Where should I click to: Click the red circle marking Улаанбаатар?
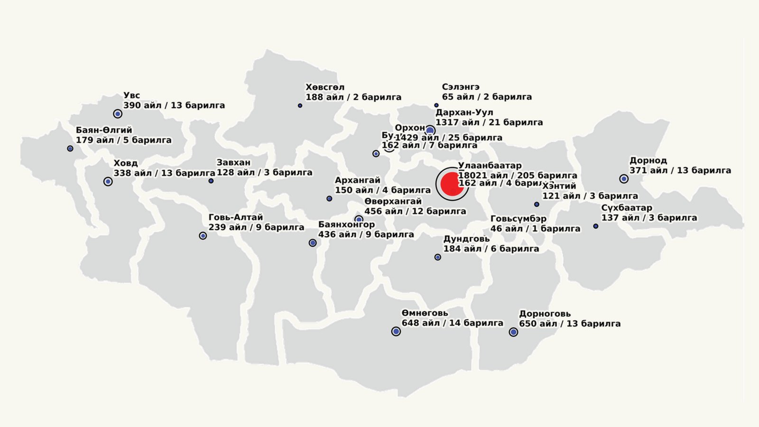tap(452, 184)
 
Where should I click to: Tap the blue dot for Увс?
tap(118, 114)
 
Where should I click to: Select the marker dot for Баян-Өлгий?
tap(70, 149)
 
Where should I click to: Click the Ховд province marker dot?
tap(108, 181)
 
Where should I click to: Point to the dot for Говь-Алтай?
tap(203, 236)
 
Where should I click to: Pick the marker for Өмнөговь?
tap(396, 332)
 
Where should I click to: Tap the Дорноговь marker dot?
tap(513, 332)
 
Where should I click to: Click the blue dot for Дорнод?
tap(624, 179)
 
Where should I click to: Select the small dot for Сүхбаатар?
tap(596, 226)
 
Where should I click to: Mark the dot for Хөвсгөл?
tap(300, 105)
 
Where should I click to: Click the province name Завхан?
tap(233, 163)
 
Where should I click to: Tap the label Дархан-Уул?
tap(464, 112)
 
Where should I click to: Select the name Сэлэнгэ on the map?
tap(461, 87)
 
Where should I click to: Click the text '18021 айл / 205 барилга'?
tap(518, 176)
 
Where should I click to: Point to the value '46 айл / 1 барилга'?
tap(535, 229)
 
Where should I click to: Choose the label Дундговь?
tap(466, 239)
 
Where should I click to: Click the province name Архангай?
tap(358, 180)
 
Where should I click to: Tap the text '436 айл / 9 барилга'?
tap(366, 234)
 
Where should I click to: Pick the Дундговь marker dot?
tap(438, 257)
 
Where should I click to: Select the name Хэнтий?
tap(559, 186)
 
